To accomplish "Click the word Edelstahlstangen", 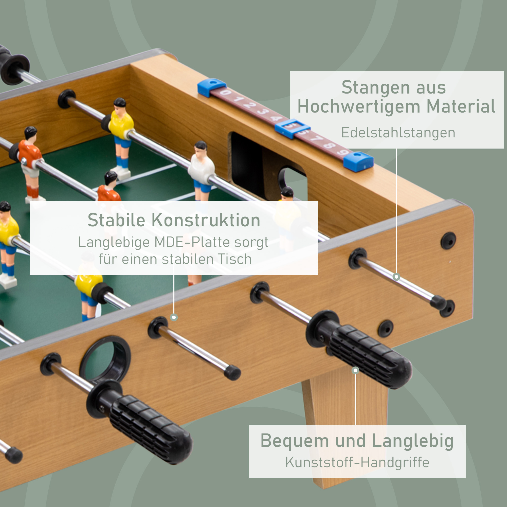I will tap(398, 133).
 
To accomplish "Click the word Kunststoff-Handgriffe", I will tap(357, 462).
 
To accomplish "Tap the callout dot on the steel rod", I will tap(396, 277).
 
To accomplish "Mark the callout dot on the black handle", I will tap(355, 370).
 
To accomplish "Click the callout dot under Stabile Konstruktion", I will tap(174, 318).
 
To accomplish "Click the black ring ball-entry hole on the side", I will tap(105, 359).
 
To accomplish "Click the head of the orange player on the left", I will tap(30, 133).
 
